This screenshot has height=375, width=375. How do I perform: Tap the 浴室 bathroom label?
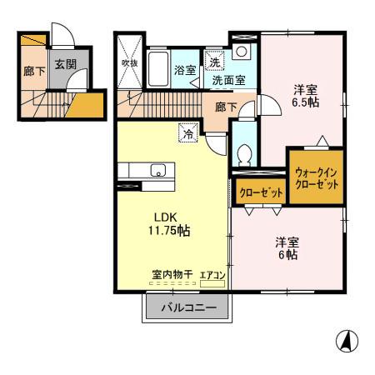(184, 71)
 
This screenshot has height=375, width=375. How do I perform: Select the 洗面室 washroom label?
(228, 81)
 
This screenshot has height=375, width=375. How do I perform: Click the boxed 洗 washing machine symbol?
(214, 62)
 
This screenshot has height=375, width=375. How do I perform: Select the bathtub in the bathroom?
(158, 67)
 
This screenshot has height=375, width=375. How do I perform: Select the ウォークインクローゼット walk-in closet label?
(317, 177)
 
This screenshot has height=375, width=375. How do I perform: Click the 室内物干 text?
(172, 273)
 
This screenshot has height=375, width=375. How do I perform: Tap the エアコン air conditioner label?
(212, 273)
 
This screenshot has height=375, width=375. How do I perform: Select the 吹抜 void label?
(129, 62)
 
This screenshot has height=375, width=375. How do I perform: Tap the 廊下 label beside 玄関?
(32, 72)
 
